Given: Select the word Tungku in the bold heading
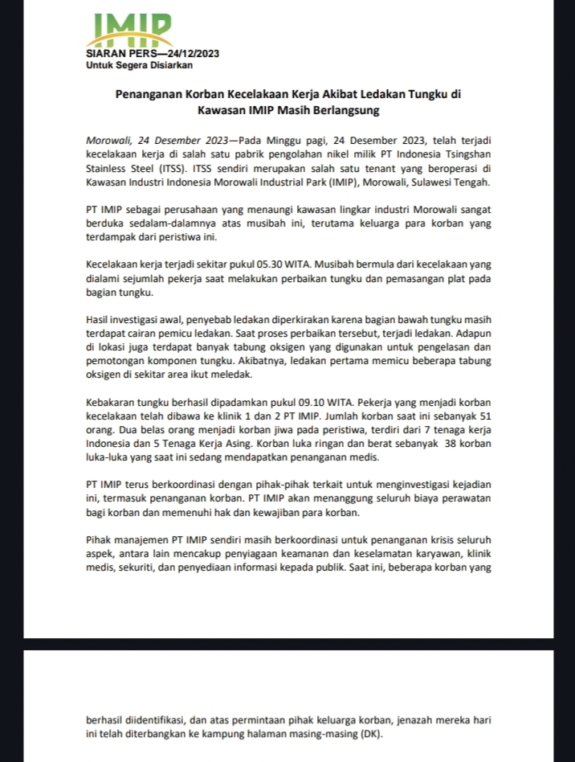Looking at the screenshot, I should click(x=423, y=93).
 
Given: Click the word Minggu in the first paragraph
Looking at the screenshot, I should click(x=297, y=141).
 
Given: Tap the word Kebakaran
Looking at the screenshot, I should click(x=112, y=402).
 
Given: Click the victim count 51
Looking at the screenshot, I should click(x=483, y=416).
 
